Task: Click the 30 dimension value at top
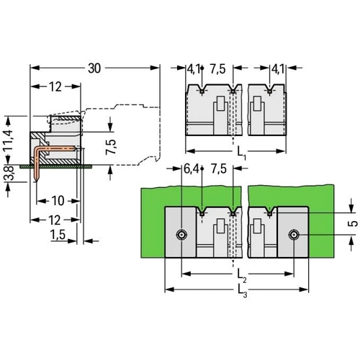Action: pos(94,68)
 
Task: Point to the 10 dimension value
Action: pos(58,201)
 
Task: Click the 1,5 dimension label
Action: pos(58,235)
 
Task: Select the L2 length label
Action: pos(242,275)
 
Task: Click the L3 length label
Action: pos(242,292)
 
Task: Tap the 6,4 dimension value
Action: pos(191,169)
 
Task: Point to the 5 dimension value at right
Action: pos(352,223)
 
